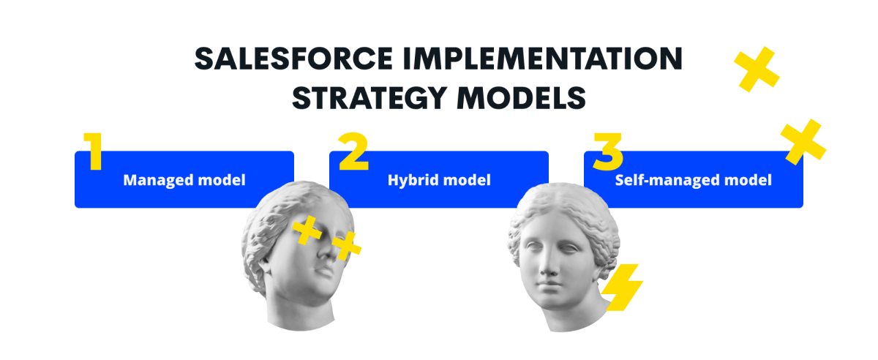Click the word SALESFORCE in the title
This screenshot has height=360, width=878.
point(293,59)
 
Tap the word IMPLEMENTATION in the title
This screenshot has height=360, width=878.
point(542,59)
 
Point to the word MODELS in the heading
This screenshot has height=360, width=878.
point(521,98)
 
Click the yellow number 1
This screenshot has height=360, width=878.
point(94,151)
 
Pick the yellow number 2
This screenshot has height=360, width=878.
point(353,151)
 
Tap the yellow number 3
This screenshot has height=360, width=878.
point(608,151)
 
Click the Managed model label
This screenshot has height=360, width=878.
point(184,180)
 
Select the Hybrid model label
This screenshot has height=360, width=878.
point(439,180)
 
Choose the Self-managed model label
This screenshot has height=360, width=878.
point(694,180)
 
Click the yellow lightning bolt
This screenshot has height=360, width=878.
point(622,288)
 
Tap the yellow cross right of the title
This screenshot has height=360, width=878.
point(757,70)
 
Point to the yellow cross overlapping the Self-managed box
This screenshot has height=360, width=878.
point(803,142)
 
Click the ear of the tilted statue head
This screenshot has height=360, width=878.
point(263,266)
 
